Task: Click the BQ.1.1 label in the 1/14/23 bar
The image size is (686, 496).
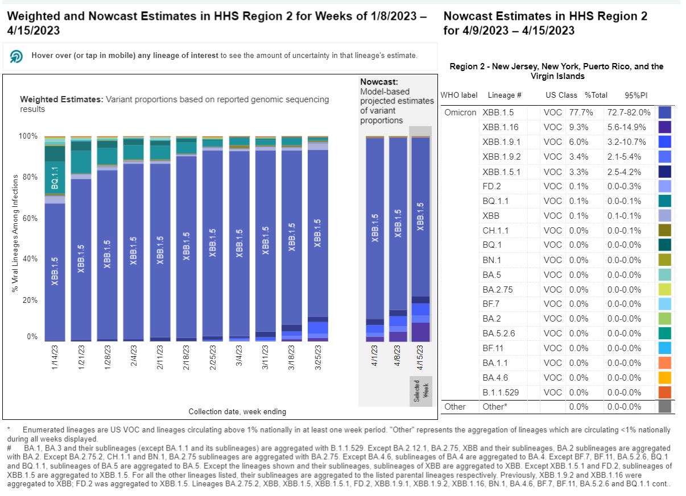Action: (x=55, y=178)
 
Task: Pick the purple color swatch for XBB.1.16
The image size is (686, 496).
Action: (x=664, y=127)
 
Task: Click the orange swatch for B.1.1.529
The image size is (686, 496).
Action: (x=664, y=392)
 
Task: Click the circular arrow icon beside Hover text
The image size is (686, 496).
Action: (x=16, y=56)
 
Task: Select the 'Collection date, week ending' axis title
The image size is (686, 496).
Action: (x=237, y=411)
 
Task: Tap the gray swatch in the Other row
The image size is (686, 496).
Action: (x=664, y=407)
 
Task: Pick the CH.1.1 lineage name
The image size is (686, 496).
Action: (x=495, y=230)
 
